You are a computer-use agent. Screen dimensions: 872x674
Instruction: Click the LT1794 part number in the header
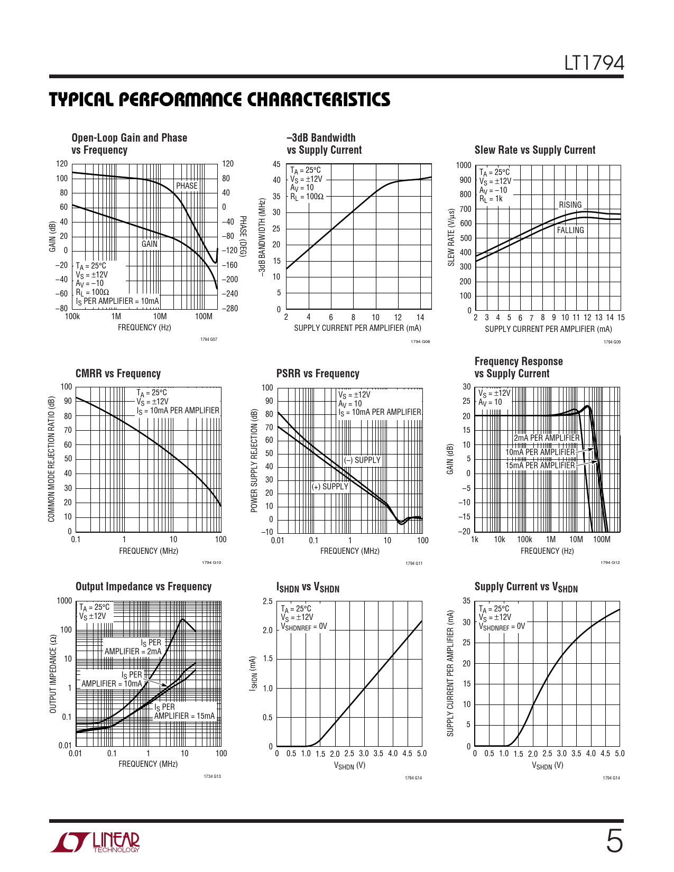coord(594,63)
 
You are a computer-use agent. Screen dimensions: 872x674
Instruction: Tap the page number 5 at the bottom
coord(614,841)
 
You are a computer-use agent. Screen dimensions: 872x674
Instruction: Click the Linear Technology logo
coord(95,842)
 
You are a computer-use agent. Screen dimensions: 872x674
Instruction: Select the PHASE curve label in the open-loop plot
coord(187,186)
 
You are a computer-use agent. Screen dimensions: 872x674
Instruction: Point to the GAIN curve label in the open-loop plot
coord(149,244)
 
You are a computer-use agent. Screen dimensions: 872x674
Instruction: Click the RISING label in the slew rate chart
coord(570,205)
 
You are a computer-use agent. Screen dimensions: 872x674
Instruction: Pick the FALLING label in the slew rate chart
coord(570,230)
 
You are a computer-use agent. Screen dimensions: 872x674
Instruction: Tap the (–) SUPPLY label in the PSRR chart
coord(362,460)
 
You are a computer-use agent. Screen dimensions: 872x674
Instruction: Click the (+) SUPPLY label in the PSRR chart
coord(330,487)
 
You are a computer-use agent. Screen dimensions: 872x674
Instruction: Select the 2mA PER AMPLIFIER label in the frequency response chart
coord(547,438)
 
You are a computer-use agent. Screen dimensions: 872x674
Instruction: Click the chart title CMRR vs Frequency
coord(118,374)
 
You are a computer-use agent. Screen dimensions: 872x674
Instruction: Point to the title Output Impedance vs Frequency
coord(143,587)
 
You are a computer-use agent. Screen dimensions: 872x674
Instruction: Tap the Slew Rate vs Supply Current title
coord(534,150)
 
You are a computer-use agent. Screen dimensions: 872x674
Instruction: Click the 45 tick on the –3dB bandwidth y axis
coord(276,164)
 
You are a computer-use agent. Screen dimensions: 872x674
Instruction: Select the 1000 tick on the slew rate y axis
coord(463,165)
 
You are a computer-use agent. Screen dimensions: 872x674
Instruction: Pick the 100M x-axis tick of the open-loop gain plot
coord(204,317)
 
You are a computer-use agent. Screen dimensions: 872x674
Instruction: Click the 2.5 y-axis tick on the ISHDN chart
coord(267,601)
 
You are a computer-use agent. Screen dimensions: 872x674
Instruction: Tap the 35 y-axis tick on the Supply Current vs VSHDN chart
coord(466,601)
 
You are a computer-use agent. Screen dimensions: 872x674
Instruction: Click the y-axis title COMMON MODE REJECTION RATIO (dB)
coord(51,459)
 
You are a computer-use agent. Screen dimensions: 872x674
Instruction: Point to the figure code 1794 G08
coord(420,342)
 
